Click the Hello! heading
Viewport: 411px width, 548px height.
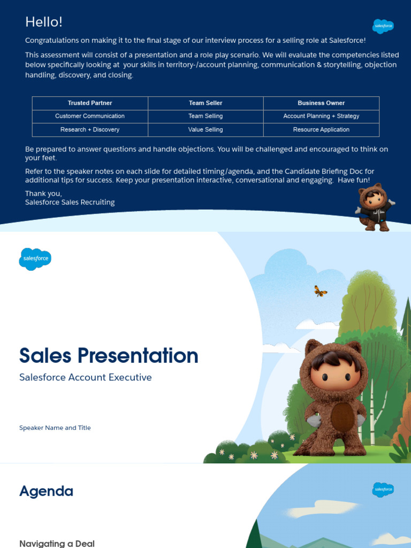tap(44, 22)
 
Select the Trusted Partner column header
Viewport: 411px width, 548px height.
tap(90, 103)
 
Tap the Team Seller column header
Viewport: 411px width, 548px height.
tap(205, 103)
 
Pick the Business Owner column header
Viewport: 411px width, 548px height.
tap(321, 103)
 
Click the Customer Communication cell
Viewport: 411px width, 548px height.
tap(90, 116)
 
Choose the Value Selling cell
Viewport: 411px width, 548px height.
tap(205, 130)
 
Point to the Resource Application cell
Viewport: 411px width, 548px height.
tap(321, 130)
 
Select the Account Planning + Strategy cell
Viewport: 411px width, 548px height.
tap(321, 116)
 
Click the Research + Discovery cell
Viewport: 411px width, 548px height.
tap(90, 130)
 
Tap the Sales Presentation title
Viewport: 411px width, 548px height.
tap(109, 356)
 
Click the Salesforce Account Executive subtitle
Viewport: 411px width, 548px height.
tap(86, 377)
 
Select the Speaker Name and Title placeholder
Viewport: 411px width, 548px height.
tap(55, 428)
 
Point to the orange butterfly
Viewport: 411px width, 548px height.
tap(320, 291)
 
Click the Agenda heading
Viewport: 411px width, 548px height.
tap(46, 491)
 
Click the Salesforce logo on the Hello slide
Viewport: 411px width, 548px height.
tap(383, 26)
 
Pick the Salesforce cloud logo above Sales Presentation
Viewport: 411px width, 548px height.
tap(35, 259)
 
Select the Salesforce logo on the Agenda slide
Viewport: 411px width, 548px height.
tap(383, 490)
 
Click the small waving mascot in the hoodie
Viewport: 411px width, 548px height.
tap(375, 207)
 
